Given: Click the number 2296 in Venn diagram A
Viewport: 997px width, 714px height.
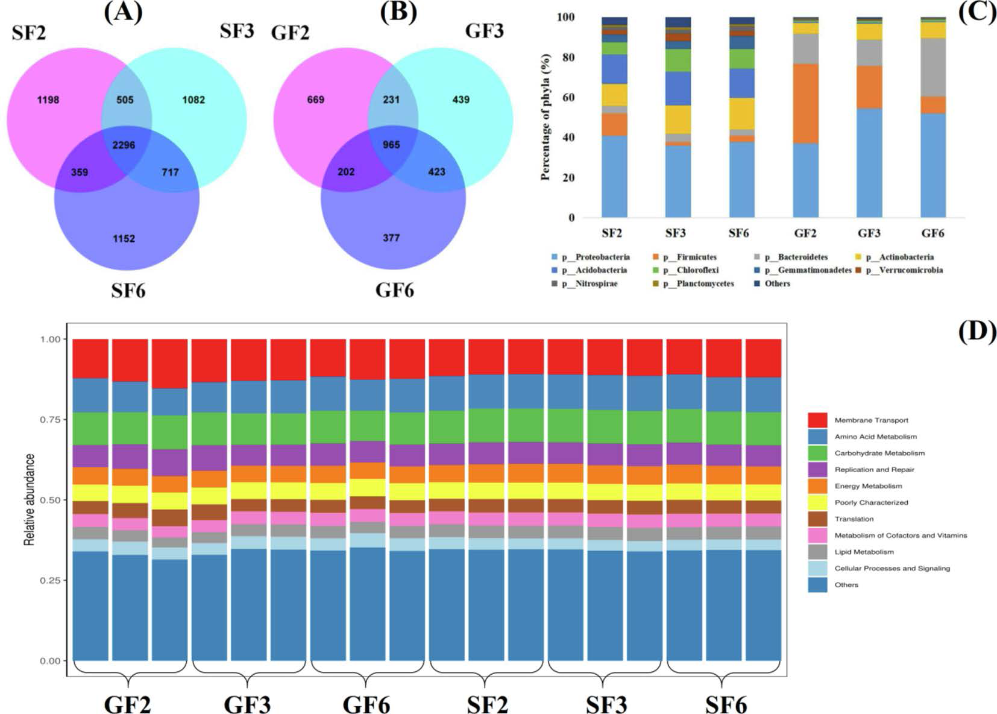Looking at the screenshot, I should click(124, 145).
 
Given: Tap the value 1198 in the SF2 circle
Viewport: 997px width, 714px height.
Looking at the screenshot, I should click(48, 100).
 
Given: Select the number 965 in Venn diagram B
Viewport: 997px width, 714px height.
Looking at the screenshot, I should click(391, 145).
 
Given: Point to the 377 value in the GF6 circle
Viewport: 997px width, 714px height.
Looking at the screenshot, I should click(391, 238).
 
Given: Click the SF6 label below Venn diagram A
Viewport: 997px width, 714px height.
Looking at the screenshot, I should click(128, 290).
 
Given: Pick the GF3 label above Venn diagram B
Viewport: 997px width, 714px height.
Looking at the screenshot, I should click(484, 30).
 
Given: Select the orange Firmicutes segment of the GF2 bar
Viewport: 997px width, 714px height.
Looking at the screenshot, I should click(805, 103).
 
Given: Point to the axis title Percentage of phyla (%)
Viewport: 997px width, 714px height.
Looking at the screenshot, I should click(546, 117).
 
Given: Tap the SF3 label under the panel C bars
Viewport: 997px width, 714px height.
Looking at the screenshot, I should click(676, 233).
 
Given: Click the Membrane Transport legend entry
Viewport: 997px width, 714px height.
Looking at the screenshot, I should click(870, 420).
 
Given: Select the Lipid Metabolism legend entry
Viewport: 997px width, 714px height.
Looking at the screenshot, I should click(864, 552).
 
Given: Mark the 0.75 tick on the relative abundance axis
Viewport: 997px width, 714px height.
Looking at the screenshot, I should click(50, 419).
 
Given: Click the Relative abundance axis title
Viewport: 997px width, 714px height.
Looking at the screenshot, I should click(30, 500).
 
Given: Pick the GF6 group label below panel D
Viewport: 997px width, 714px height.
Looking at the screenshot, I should click(366, 704).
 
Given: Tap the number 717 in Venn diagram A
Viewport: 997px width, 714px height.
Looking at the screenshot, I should click(170, 172).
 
